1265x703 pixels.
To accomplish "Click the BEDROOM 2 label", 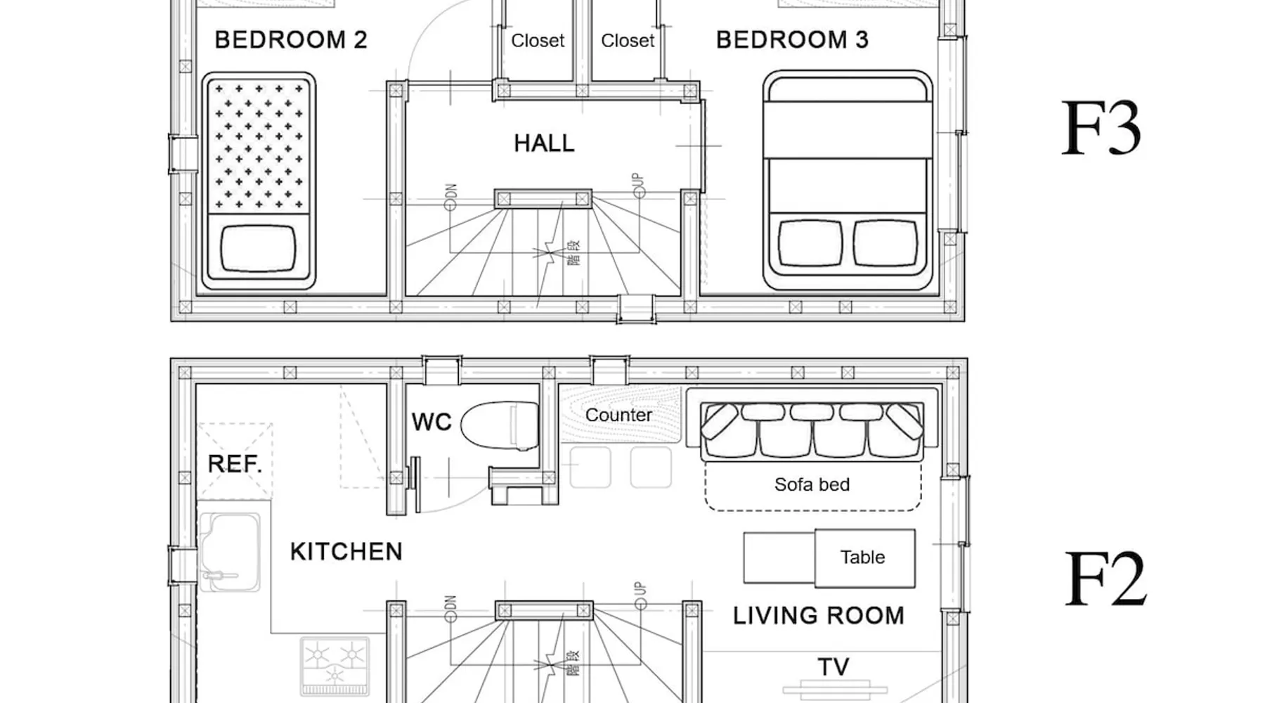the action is [291, 39].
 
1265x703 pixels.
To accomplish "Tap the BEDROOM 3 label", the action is [792, 39].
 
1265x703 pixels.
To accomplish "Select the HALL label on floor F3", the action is [544, 143].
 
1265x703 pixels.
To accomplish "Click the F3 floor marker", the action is [1101, 129].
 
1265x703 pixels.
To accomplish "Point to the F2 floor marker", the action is [1105, 579].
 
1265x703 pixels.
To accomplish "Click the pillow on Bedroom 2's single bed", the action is [258, 248].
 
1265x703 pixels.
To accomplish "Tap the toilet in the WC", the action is [500, 425].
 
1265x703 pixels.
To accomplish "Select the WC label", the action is [432, 422].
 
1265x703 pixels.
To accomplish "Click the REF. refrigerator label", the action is [235, 464].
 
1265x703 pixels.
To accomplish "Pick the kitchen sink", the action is [230, 552].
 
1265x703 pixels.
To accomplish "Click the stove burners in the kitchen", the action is [335, 665].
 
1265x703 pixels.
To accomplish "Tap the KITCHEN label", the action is [346, 552].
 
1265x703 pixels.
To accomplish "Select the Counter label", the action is [618, 415].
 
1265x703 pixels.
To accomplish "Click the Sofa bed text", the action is [812, 484].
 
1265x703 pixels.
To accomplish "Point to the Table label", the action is [862, 557].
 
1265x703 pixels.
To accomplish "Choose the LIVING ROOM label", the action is [819, 616].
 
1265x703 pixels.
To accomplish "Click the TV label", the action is [833, 666].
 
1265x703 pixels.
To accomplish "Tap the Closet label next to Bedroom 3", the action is [628, 41].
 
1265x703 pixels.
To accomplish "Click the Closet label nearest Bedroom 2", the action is [538, 41].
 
